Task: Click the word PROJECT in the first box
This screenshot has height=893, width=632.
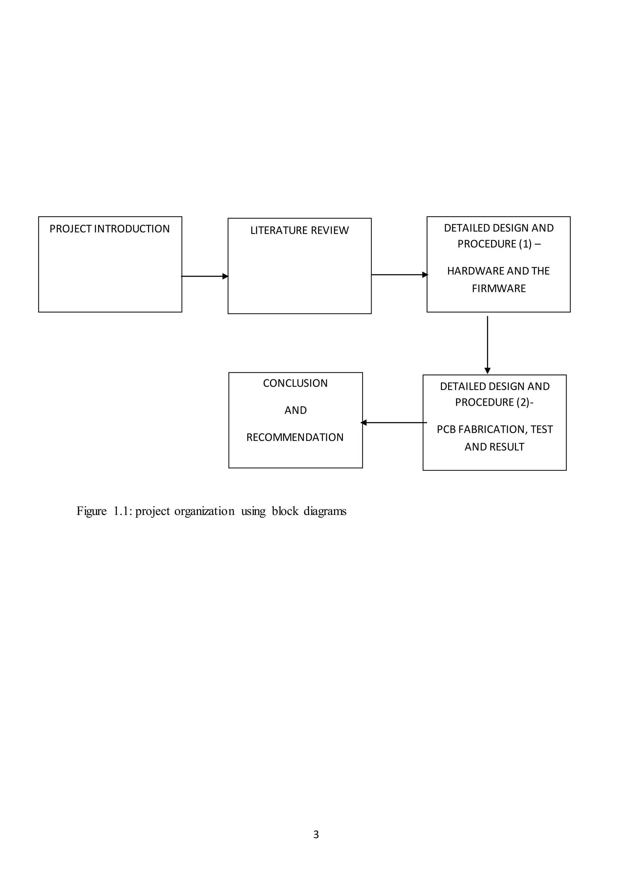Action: [70, 229]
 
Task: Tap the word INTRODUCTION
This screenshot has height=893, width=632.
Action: [132, 229]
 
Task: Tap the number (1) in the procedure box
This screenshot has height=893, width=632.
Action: [525, 244]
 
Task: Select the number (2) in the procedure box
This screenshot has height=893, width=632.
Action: [523, 402]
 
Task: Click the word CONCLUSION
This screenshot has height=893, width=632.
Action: [295, 384]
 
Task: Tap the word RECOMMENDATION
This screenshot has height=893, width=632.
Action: [295, 438]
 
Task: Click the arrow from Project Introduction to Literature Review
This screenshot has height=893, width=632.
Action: [205, 276]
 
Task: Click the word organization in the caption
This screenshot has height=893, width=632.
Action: [204, 511]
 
